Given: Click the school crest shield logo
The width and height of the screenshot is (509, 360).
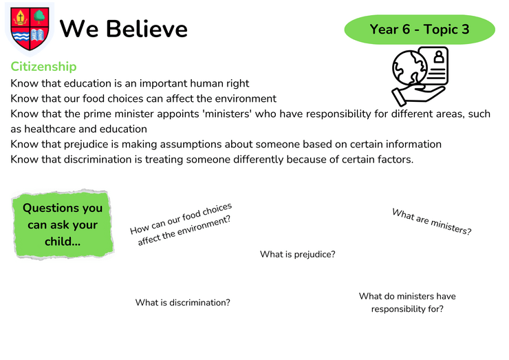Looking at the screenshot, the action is coord(30,29).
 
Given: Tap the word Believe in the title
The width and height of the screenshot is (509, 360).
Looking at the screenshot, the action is coord(147,29).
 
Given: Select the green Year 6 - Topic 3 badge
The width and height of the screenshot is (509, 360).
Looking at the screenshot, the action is coord(420,29).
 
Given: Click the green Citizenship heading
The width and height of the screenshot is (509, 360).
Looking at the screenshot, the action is coord(43,67).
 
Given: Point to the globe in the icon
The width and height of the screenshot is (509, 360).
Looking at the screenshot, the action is coord(410,69).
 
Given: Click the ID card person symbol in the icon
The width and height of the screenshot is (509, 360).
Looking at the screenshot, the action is coord(439,56).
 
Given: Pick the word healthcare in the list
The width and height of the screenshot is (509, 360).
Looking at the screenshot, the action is coord(50,129).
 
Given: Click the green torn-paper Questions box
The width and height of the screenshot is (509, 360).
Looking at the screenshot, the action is coord(63,224).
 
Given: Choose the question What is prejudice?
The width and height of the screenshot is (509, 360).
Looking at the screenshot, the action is coord(298,255).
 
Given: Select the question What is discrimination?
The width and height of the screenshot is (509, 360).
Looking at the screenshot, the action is coord(183,303).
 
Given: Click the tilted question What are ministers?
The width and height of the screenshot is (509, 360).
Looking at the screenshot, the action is coord(431,222).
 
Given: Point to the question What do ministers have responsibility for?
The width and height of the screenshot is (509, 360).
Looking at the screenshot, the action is coord(407,302).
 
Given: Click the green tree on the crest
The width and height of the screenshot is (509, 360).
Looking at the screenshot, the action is coord(40,17).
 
